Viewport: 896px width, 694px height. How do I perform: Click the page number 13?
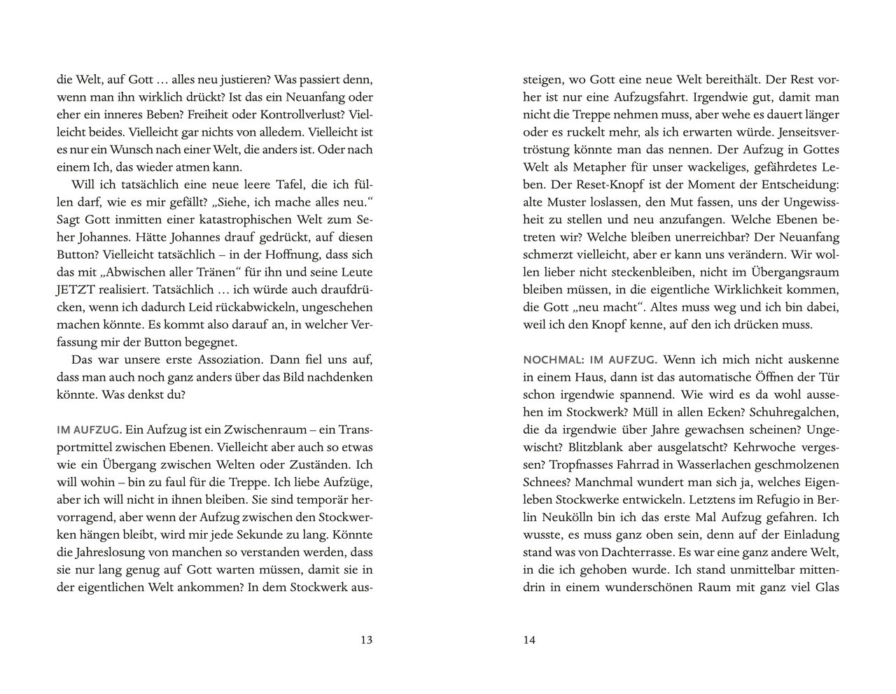pyautogui.click(x=365, y=639)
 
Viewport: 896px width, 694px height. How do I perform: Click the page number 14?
pyautogui.click(x=529, y=639)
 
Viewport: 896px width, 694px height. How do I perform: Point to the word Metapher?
pyautogui.click(x=612, y=167)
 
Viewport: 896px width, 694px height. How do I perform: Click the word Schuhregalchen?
pyautogui.click(x=796, y=412)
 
